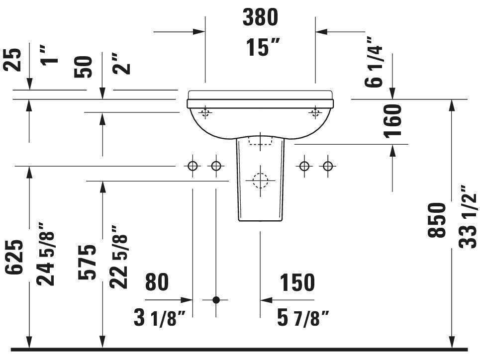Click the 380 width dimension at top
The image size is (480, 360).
(260, 18)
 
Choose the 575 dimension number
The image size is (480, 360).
(88, 262)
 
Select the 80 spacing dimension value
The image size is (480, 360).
(157, 282)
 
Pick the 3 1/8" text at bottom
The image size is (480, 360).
(159, 318)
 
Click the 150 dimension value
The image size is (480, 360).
(297, 282)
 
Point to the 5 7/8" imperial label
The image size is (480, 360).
(303, 318)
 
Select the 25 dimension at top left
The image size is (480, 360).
(15, 60)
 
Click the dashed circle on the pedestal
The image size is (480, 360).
(259, 180)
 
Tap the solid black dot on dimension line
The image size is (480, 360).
(216, 300)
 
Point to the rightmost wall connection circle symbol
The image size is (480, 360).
(327, 166)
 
